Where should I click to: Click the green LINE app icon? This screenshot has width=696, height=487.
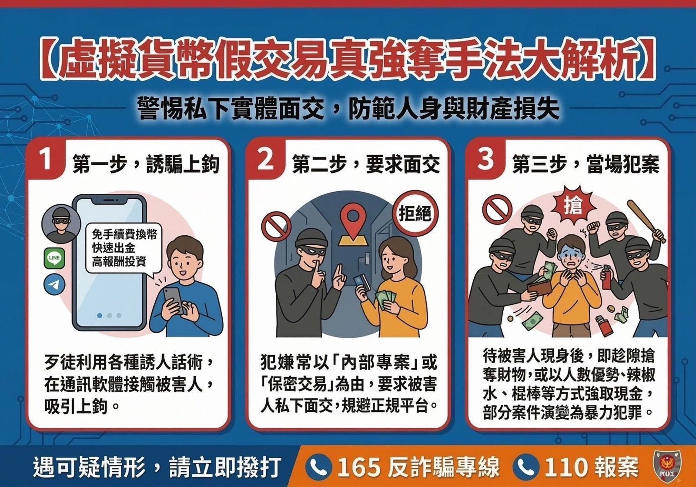tap(54, 258)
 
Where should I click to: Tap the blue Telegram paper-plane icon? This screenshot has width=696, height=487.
tap(54, 285)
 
